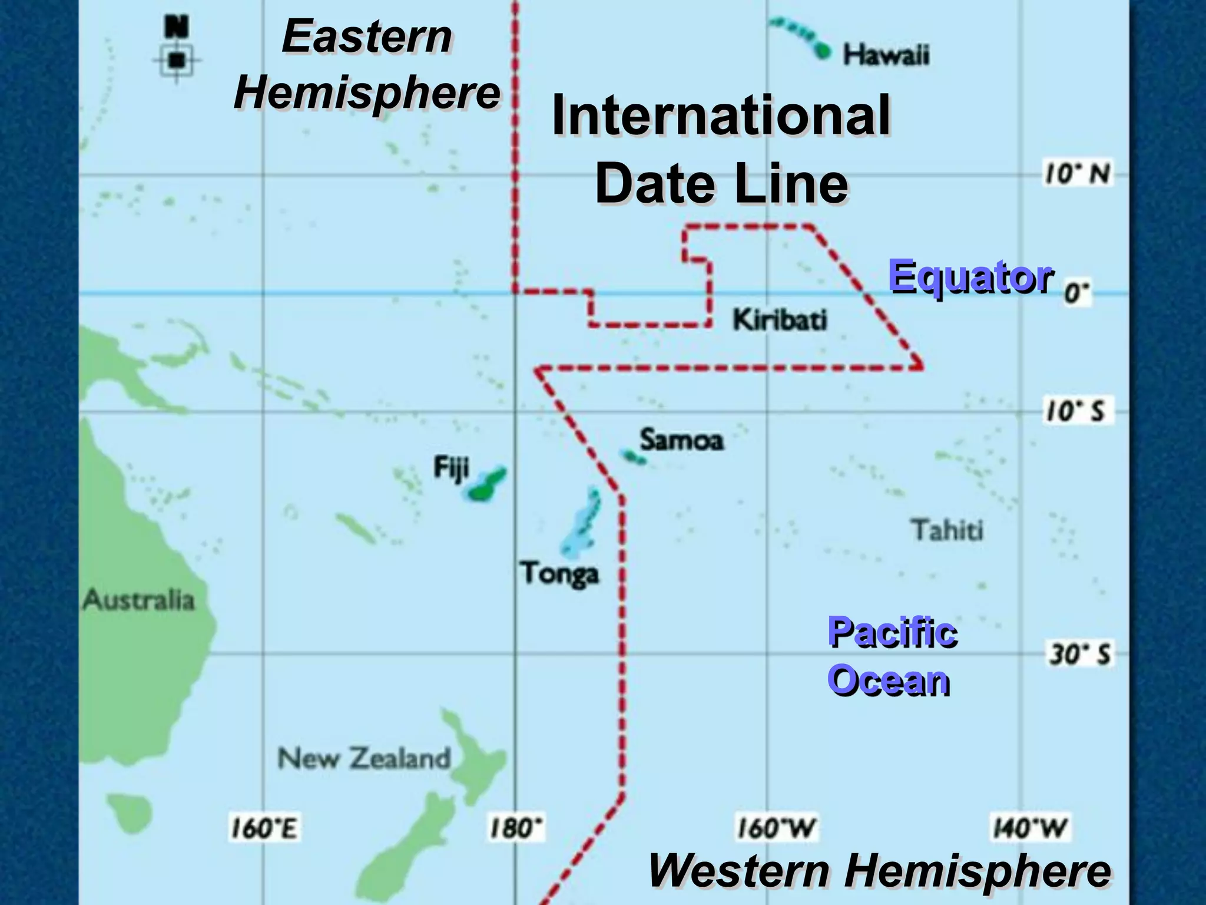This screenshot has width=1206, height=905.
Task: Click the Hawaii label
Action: [886, 55]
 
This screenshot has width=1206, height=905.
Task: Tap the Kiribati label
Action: [780, 320]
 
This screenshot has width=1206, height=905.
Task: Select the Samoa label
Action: [681, 440]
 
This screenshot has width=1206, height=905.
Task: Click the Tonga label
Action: [559, 573]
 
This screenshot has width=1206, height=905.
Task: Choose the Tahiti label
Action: [947, 530]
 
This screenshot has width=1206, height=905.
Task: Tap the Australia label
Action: [139, 600]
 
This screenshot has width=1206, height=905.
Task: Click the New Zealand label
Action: [364, 758]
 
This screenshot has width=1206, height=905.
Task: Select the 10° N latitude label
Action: [1077, 174]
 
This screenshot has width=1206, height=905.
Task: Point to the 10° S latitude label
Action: [1076, 411]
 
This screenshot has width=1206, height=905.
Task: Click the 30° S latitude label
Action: [1079, 654]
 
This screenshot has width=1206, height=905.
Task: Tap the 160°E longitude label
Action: [263, 828]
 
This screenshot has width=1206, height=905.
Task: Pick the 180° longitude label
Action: [516, 828]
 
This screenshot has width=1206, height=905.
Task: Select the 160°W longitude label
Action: [776, 828]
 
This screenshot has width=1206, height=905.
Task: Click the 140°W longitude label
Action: [1030, 828]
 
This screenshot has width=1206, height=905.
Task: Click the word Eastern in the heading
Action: [367, 37]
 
